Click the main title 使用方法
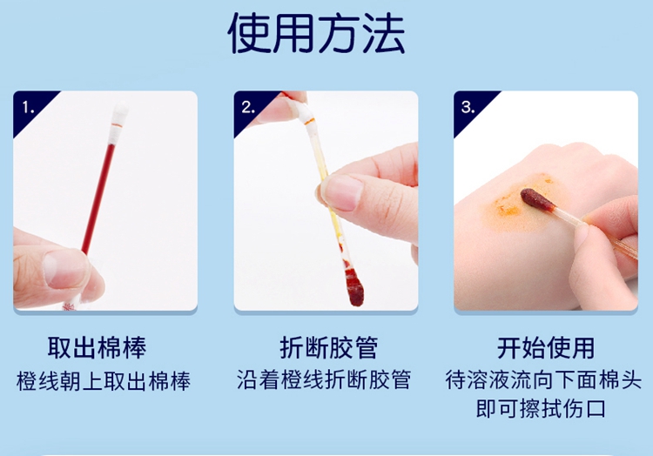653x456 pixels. [x=317, y=33]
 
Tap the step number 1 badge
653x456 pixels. [x=29, y=107]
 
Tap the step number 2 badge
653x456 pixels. [x=248, y=107]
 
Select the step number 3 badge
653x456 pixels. [x=468, y=107]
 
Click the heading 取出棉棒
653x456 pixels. [x=97, y=347]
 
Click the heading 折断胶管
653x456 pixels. [x=329, y=347]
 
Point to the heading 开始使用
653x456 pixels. [x=546, y=347]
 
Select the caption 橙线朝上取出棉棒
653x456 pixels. [x=104, y=380]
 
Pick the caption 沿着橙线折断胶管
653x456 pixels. [x=324, y=379]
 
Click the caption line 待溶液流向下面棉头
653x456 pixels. [x=543, y=379]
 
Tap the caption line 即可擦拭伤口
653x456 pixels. [x=541, y=408]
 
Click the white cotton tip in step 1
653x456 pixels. [x=119, y=121]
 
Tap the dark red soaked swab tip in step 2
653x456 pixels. [x=354, y=286]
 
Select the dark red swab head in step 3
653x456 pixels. [x=537, y=199]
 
